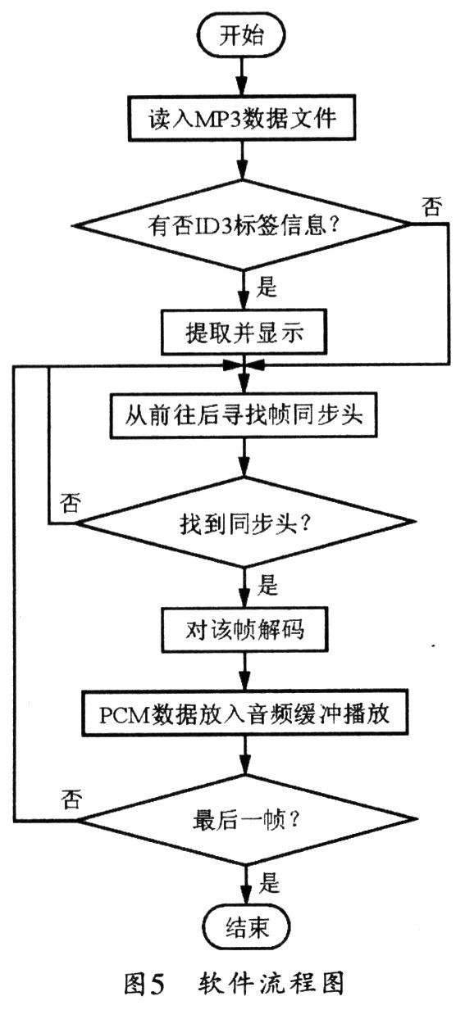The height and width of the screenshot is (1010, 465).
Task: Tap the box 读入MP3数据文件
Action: [x=240, y=117]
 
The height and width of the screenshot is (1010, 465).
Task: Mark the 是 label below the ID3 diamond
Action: [x=267, y=288]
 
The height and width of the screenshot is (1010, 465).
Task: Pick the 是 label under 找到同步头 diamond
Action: [x=267, y=585]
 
